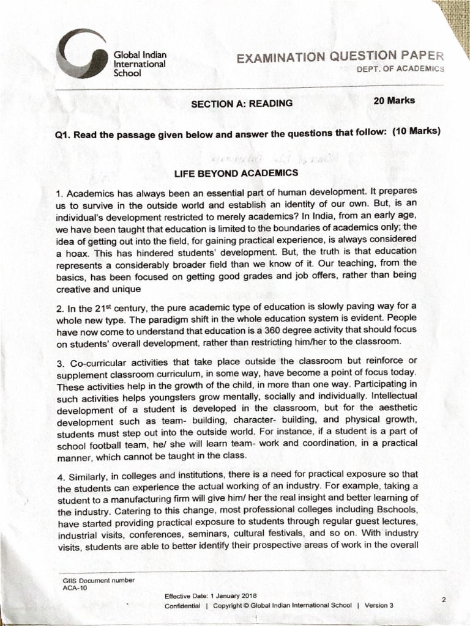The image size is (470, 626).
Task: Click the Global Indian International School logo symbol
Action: (80, 56)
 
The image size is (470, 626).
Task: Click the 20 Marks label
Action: (394, 100)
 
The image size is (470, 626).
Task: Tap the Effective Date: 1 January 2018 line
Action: (211, 595)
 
